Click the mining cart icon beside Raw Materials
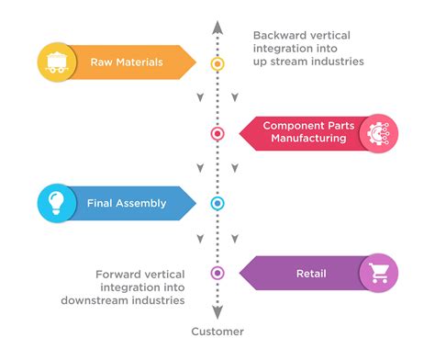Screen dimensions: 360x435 56,62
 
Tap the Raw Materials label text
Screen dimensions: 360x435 127,62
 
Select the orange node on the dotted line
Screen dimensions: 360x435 217,64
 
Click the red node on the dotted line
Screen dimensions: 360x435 217,133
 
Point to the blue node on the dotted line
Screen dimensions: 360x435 217,203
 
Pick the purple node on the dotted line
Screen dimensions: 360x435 217,273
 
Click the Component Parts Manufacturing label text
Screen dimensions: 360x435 308,132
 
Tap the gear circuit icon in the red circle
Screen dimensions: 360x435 378,132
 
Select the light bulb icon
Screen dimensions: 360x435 56,203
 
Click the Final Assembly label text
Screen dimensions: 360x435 127,203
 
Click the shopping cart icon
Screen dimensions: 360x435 378,273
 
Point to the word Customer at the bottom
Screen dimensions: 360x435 217,332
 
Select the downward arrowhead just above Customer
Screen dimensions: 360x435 217,311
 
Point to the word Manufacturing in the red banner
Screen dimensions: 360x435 308,139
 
